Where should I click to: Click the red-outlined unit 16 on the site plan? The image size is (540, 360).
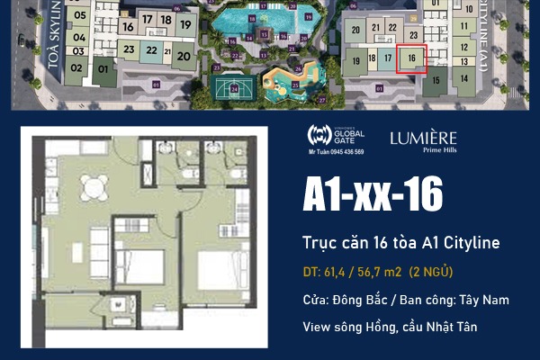click(411, 58)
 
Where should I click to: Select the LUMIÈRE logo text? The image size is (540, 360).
click(423, 138)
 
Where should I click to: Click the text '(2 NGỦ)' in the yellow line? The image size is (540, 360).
click(431, 271)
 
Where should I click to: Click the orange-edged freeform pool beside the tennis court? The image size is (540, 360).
click(281, 86)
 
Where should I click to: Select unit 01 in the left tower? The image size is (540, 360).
click(103, 68)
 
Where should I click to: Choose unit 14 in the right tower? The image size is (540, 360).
click(464, 77)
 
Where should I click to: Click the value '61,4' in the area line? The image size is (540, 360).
click(336, 271)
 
